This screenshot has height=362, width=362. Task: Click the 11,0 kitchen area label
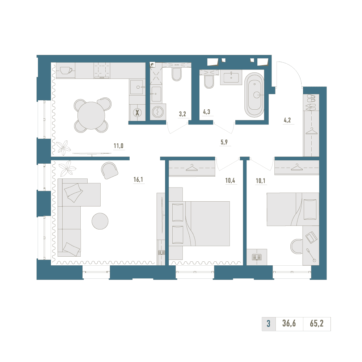[118, 146]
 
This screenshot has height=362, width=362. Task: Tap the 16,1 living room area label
[138, 180]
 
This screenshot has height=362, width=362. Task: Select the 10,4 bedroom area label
[230, 181]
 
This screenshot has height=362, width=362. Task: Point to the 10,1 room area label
[260, 181]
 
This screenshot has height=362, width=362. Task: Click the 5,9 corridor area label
[224, 142]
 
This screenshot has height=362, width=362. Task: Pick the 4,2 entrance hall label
[287, 120]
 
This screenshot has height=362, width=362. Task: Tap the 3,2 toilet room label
[182, 114]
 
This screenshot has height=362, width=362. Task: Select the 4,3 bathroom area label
[206, 112]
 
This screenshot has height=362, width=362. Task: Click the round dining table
[91, 115]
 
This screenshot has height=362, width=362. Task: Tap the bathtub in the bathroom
[254, 94]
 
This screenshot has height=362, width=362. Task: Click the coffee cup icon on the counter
[66, 70]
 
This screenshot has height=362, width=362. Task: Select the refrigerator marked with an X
[137, 113]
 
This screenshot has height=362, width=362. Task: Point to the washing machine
[158, 112]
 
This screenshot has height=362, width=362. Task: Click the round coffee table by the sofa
[100, 221]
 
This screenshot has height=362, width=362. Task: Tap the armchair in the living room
[110, 171]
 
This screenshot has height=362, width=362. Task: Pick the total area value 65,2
[316, 323]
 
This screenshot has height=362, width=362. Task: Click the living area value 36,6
[289, 323]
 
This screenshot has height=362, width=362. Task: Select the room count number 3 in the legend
[269, 324]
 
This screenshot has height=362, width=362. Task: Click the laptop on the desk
[311, 237]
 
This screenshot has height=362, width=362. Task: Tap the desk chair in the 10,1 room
[296, 246]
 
